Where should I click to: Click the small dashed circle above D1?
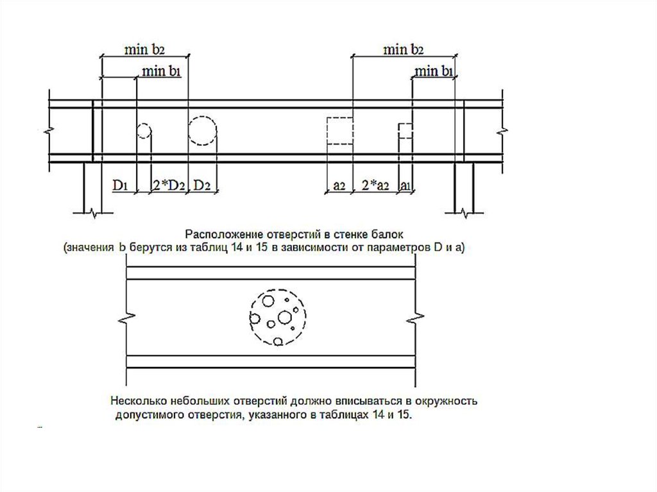click(x=137, y=131)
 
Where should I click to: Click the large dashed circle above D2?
click(x=189, y=130)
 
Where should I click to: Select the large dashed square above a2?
click(x=327, y=131)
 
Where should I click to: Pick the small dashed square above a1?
click(x=399, y=130)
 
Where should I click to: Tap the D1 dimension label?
click(x=120, y=185)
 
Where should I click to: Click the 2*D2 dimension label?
click(x=168, y=185)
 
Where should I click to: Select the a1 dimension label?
click(x=404, y=185)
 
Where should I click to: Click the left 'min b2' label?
click(x=144, y=49)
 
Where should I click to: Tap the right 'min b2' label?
click(x=404, y=49)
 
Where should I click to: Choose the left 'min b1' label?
click(x=161, y=71)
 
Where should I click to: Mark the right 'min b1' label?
click(x=434, y=71)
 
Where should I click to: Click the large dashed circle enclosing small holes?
click(x=250, y=318)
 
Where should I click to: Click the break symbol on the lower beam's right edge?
click(x=415, y=318)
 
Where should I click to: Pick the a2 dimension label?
click(x=339, y=185)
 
